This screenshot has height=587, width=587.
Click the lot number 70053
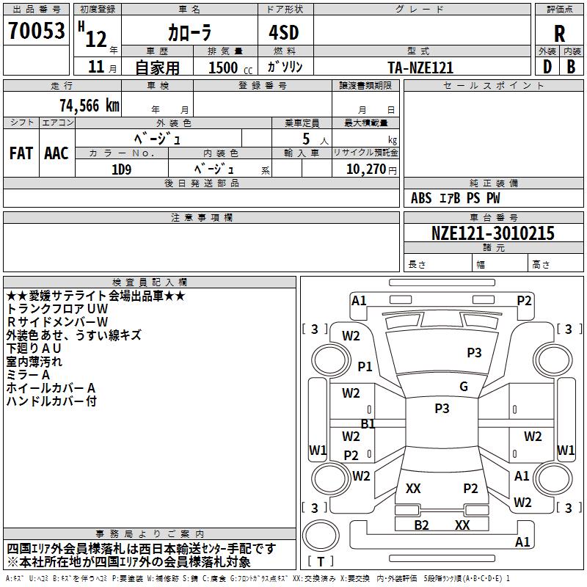coord(36,32)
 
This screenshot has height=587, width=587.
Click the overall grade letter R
coord(560,34)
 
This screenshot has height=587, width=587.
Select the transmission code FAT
coord(21,153)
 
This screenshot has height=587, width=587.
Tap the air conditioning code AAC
coord(56,153)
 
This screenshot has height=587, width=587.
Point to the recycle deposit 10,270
coord(364,169)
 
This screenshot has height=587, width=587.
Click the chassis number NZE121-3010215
coord(493,233)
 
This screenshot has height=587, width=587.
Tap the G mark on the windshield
coord(463,387)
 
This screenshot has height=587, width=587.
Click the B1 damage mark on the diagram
coord(368,423)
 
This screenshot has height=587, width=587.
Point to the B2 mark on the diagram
coord(421,525)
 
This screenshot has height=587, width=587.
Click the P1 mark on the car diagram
coord(365,366)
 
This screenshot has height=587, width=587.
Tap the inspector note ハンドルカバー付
coord(51,401)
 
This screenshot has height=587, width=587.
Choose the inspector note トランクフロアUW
coord(57,309)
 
